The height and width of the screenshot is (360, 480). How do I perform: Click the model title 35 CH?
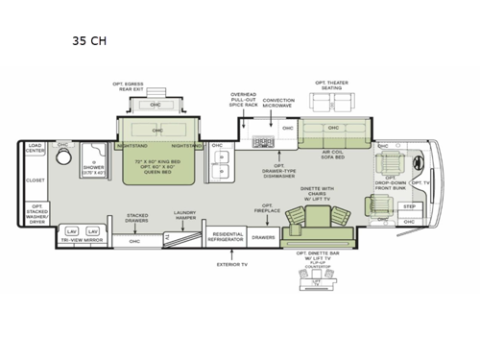tap(90, 41)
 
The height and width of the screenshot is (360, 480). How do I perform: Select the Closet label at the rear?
tap(36, 180)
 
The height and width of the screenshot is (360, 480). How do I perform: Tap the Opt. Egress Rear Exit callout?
tap(129, 89)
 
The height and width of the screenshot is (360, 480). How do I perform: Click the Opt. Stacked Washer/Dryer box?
tap(36, 213)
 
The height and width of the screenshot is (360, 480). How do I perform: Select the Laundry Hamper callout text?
tap(184, 215)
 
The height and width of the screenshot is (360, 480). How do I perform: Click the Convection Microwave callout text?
tap(278, 103)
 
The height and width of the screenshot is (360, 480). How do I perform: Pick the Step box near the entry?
tap(409, 206)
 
